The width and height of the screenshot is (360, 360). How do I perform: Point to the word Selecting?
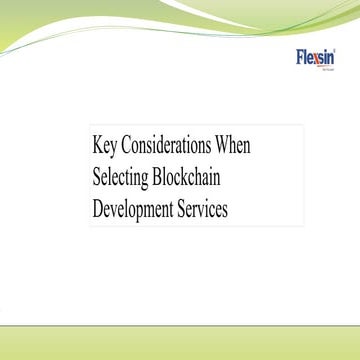click(x=121, y=179)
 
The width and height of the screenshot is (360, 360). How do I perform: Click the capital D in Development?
click(x=98, y=212)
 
